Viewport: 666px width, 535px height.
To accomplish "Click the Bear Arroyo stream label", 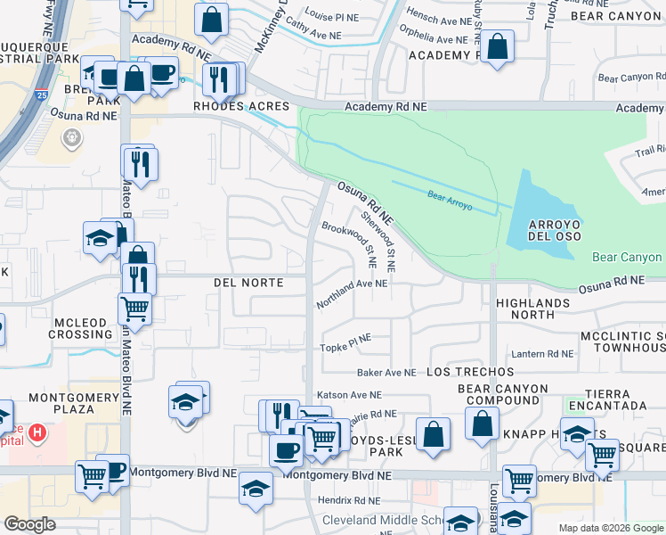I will click(x=449, y=200).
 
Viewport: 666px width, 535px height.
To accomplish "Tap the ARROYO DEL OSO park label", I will click(x=543, y=229).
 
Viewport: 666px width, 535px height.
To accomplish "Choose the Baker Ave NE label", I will click(x=386, y=372).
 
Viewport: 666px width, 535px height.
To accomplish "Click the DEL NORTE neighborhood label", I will click(x=248, y=283).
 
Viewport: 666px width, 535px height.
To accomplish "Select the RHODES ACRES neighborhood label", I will click(x=242, y=106).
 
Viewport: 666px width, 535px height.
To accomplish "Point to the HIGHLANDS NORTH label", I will click(x=532, y=309).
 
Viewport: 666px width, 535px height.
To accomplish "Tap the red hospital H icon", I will click(x=37, y=434).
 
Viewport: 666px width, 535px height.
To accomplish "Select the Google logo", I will click(x=30, y=524).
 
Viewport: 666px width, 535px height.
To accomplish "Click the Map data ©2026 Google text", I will click(x=610, y=528).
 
